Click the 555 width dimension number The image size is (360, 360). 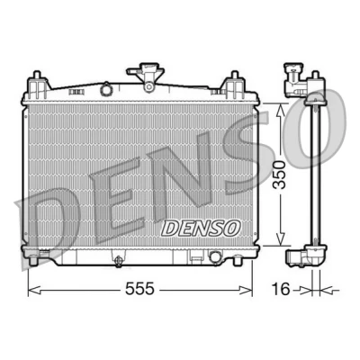139,289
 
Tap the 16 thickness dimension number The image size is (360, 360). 281,289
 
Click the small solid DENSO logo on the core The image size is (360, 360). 201,228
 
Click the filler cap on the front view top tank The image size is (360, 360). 146,71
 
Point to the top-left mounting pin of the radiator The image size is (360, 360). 37,75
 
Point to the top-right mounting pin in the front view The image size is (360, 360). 234,75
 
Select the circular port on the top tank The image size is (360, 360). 106,88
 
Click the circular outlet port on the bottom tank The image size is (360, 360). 215,256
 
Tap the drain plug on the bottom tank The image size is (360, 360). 119,260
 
